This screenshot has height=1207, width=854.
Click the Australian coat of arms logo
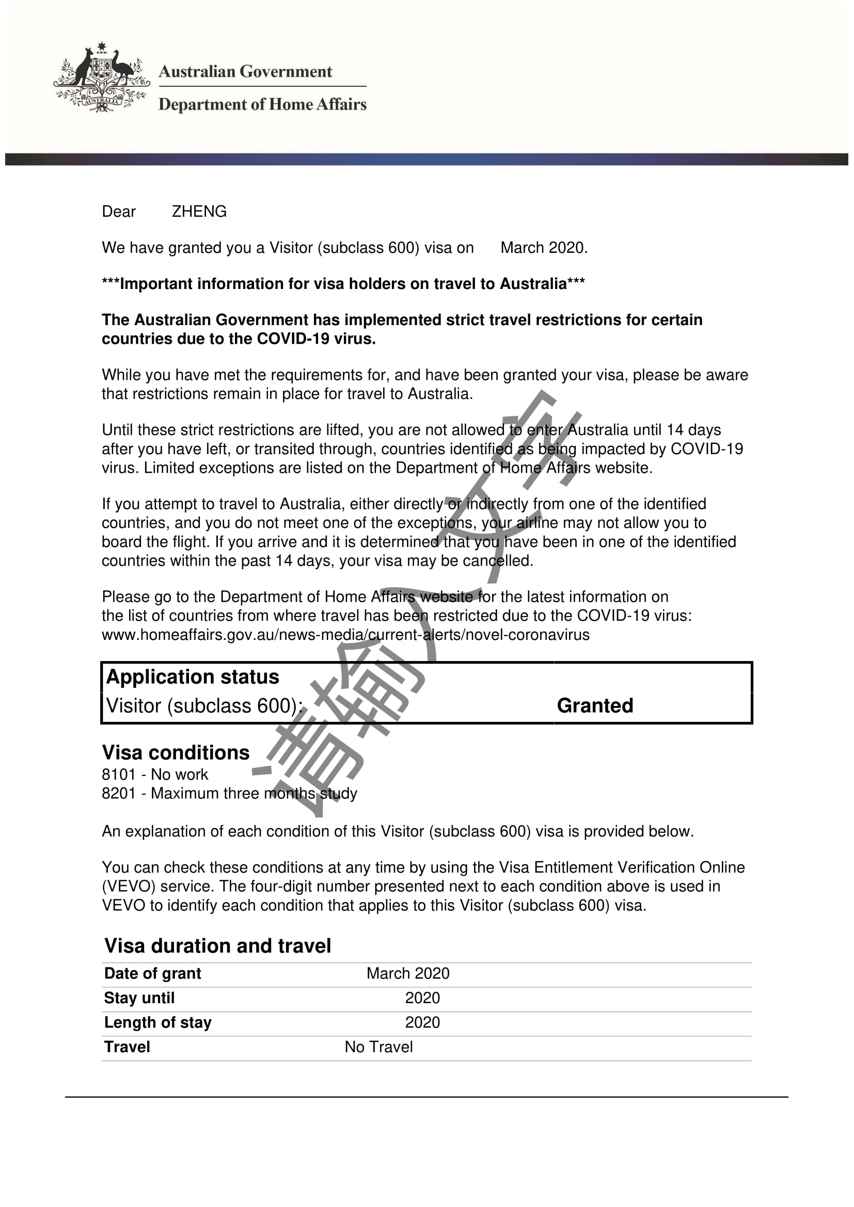click(102, 78)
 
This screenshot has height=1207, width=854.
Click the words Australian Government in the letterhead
click(245, 72)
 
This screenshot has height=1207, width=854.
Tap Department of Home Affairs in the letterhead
click(262, 104)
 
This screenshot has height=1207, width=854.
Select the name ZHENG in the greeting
click(199, 212)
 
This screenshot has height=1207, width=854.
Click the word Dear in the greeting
click(119, 212)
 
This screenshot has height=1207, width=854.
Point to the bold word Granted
click(595, 705)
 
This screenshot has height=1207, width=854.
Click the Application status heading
click(193, 677)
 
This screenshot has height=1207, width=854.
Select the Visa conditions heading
click(176, 752)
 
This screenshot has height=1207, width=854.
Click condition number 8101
click(119, 775)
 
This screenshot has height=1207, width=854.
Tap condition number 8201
click(119, 793)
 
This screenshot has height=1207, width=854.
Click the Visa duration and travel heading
click(218, 946)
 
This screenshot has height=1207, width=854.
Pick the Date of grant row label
click(152, 974)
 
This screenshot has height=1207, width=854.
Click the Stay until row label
click(139, 998)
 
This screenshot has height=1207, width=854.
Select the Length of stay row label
click(158, 1022)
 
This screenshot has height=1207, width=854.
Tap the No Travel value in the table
click(378, 1047)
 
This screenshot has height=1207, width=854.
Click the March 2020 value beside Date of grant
click(408, 974)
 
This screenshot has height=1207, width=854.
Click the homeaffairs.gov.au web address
click(345, 635)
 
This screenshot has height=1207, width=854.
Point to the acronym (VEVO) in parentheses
click(129, 887)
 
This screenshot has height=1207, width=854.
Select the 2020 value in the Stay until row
click(422, 998)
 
